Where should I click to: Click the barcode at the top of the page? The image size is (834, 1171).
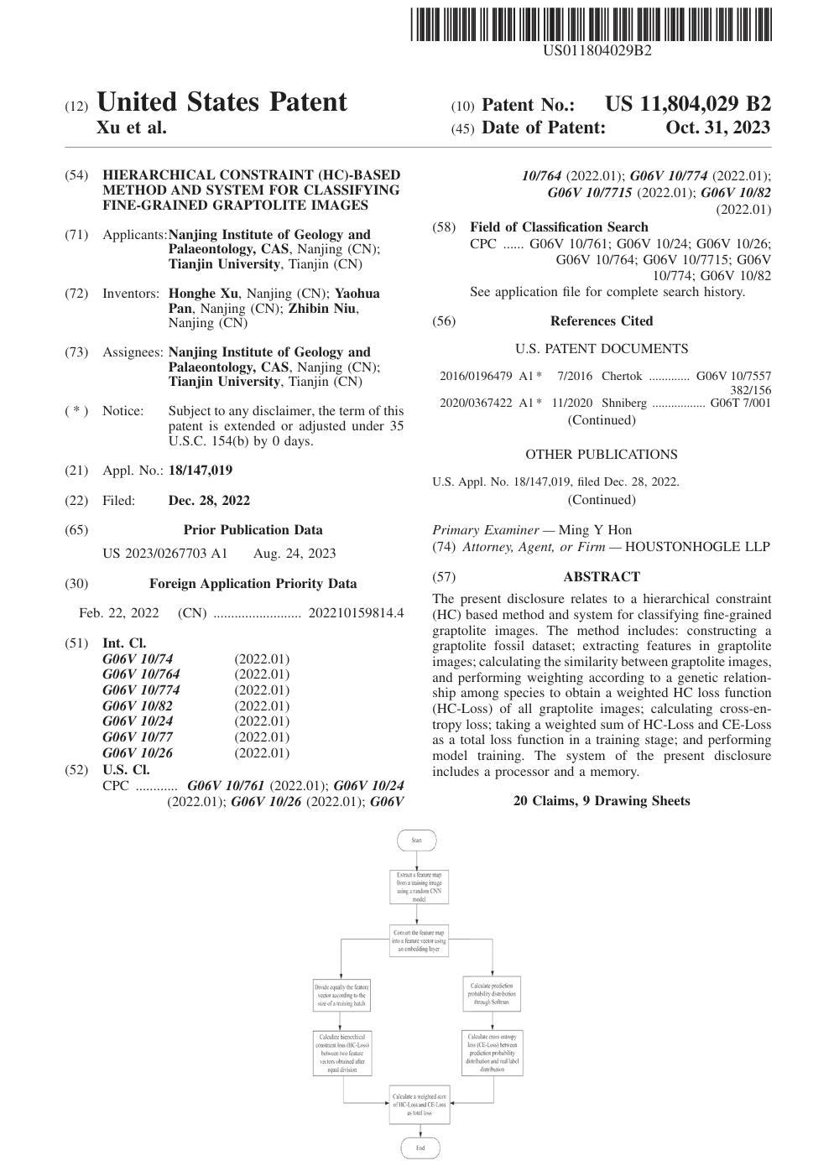point(591,24)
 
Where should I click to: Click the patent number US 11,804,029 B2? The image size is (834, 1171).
point(687,105)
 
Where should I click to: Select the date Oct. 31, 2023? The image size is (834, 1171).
point(717,128)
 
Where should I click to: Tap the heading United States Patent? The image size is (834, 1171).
point(222,102)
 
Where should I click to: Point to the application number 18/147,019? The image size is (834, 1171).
point(201,471)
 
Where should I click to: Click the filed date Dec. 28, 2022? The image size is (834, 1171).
point(209,501)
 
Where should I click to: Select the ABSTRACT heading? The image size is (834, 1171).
point(601,577)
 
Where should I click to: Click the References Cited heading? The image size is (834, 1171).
point(601,321)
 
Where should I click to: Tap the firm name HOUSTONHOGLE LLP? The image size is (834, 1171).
point(697,547)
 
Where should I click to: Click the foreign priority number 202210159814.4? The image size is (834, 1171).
point(356,613)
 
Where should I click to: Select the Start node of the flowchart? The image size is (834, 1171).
point(417,840)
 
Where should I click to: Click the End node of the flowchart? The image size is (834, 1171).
point(420,1148)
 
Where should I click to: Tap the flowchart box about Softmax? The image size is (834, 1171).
point(493,993)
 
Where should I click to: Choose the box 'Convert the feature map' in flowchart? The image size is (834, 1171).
point(420,940)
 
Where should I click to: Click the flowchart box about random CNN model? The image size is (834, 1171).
point(419,887)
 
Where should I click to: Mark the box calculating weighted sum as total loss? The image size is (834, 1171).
point(420,1105)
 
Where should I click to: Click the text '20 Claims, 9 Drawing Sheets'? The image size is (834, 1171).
point(601,801)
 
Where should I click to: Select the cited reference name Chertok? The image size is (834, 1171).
point(622,377)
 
